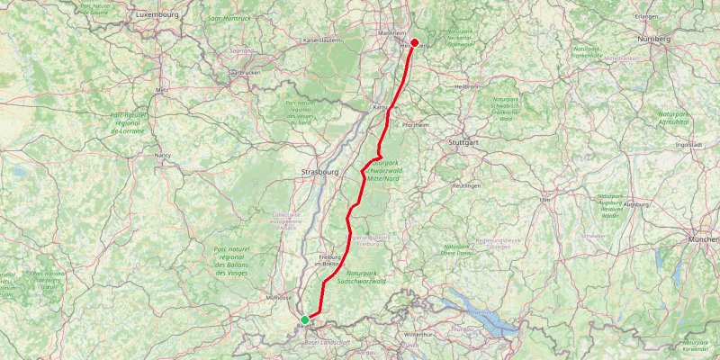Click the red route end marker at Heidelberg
coord(415,42)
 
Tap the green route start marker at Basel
coord(305,319)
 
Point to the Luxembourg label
coord(157,15)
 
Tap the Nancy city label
coord(163,155)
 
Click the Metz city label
coord(162,91)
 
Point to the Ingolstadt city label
coord(688,143)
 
